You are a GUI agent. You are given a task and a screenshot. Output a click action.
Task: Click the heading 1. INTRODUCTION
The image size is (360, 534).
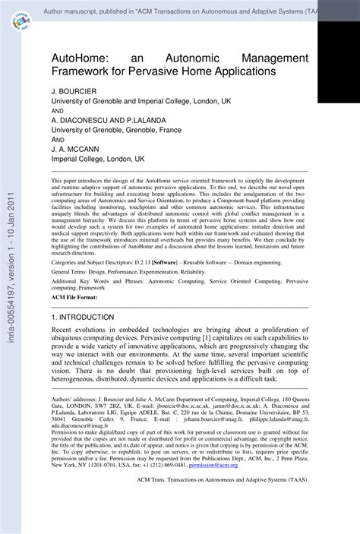(83, 316)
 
